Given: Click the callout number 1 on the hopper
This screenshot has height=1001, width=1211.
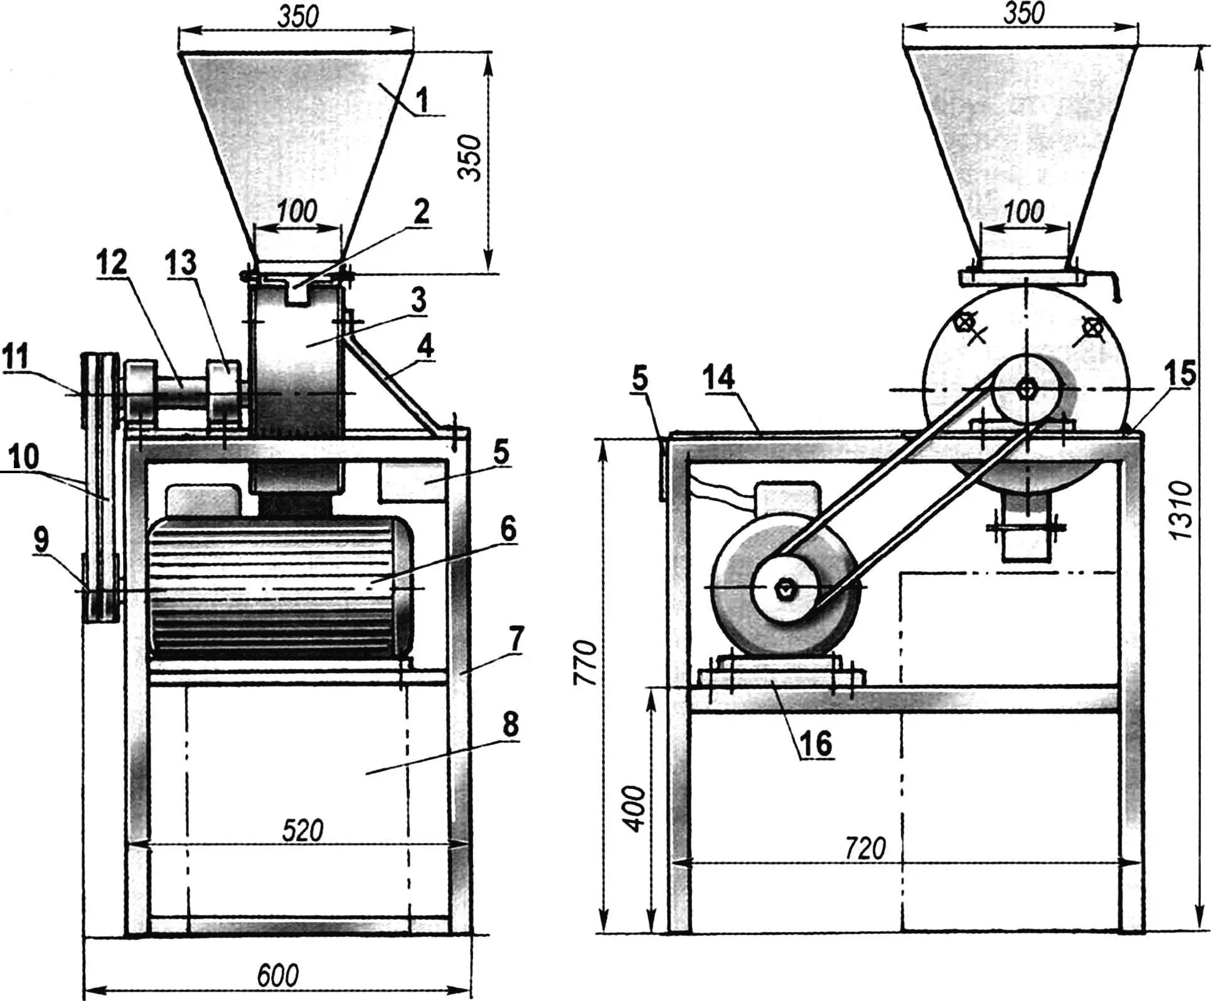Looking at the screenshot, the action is click(x=422, y=99).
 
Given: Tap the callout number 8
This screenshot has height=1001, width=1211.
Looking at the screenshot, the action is click(x=511, y=724).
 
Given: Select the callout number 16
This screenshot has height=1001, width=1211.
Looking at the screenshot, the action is click(x=815, y=743).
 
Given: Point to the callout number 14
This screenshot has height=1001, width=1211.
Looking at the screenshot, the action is click(x=718, y=378).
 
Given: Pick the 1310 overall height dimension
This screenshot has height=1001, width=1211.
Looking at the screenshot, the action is click(x=1180, y=510).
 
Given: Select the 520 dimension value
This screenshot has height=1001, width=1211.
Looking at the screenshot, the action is click(x=302, y=830).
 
